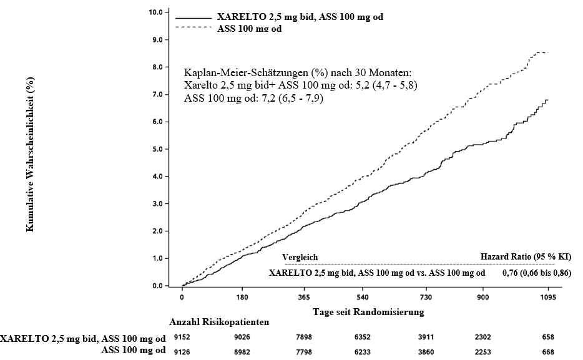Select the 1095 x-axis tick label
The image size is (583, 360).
pos(548,297)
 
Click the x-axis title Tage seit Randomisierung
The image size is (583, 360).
pos(368,310)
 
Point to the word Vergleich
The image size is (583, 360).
pos(300,256)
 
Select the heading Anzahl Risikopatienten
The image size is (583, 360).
pos(219,323)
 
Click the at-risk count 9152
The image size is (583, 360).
pos(182,338)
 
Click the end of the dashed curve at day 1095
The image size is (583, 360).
pos(548,52)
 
